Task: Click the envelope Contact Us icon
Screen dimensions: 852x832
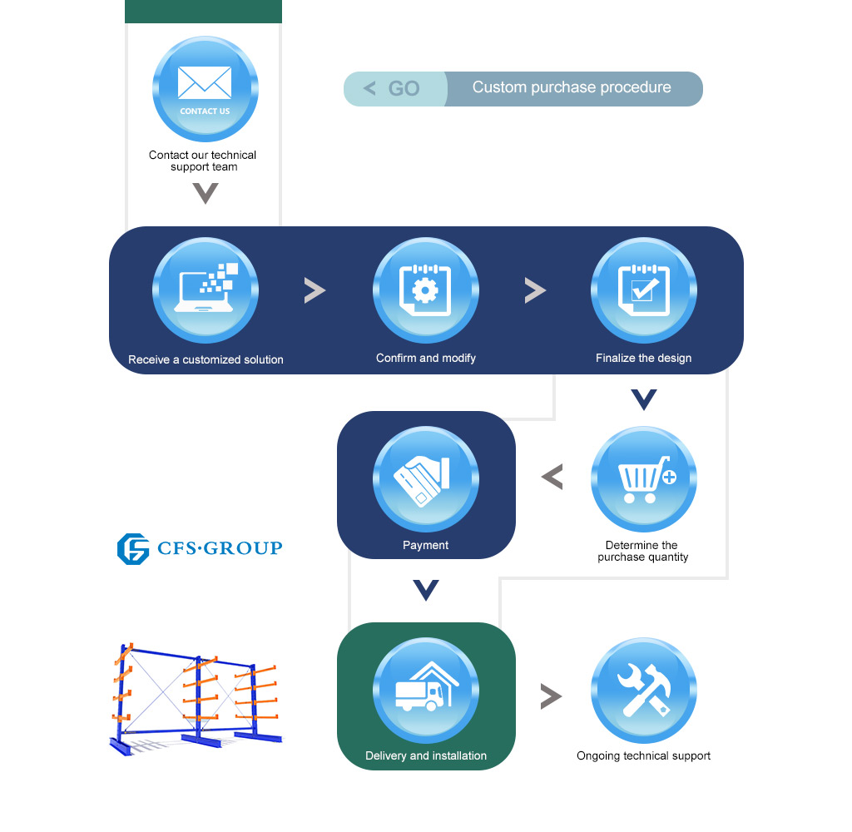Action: tap(206, 88)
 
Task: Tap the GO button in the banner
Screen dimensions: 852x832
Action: tap(395, 88)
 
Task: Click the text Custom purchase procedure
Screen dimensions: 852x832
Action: tap(572, 87)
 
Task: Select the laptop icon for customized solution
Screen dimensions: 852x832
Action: tap(206, 290)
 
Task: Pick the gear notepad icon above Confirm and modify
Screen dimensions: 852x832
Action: tap(426, 290)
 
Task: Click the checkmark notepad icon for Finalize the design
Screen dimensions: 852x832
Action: tap(644, 290)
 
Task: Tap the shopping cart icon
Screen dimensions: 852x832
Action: tap(644, 478)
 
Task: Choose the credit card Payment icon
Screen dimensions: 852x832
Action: tap(426, 478)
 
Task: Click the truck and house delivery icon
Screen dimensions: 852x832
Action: tap(426, 691)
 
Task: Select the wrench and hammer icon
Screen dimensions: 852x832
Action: tap(644, 691)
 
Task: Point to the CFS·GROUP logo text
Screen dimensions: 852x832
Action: tap(220, 547)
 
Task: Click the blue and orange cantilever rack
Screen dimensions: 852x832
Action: tap(196, 699)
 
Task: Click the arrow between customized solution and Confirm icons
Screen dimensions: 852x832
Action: tap(315, 290)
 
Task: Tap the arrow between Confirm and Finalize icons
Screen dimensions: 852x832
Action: tap(535, 290)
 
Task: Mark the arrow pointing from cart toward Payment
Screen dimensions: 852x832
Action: tap(552, 477)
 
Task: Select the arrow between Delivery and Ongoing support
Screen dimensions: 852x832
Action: tap(551, 696)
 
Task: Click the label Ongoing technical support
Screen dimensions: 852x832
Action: tap(643, 756)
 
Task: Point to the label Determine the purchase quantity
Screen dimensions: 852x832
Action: tap(643, 551)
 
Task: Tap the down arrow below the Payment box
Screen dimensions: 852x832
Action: tap(426, 590)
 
